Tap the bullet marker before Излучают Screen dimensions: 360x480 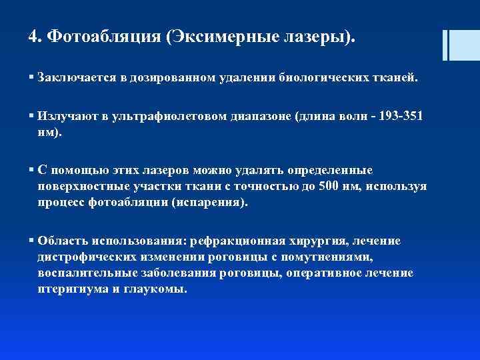tap(32, 116)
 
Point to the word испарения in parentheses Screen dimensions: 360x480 tap(208, 203)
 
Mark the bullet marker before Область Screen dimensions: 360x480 tap(32, 241)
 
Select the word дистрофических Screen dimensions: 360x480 tap(83, 257)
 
